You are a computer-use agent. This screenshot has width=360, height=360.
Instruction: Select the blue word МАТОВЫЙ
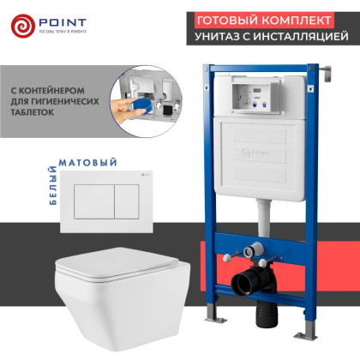pyautogui.click(x=82, y=160)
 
